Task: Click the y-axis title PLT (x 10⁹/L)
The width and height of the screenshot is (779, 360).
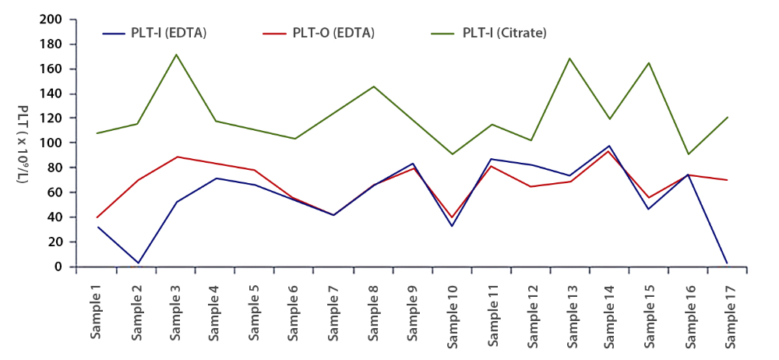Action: pyautogui.click(x=23, y=145)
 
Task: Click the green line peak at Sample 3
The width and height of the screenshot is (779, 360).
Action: pyautogui.click(x=176, y=55)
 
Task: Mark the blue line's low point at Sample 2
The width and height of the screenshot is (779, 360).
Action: pyautogui.click(x=137, y=263)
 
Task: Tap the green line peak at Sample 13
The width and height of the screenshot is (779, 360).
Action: pyautogui.click(x=570, y=58)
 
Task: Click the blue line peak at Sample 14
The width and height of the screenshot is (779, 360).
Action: pyautogui.click(x=610, y=146)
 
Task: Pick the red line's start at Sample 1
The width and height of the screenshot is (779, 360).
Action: pyautogui.click(x=97, y=217)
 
